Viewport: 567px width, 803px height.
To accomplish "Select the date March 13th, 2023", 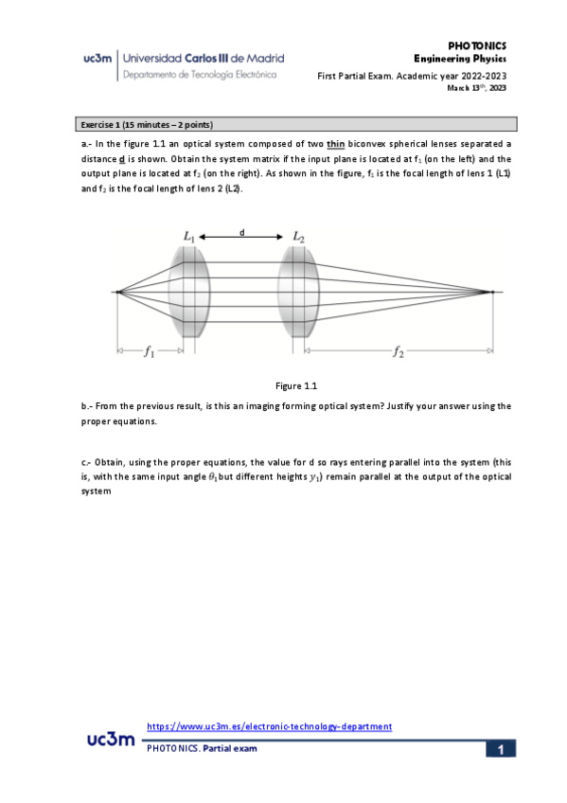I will coord(477,88).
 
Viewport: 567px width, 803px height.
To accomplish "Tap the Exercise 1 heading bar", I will coord(296,124).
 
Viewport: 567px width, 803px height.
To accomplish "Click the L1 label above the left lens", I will coord(189,237).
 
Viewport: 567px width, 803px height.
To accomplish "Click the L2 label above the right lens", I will coord(298,237).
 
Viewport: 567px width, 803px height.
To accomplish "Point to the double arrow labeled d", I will coord(243,236).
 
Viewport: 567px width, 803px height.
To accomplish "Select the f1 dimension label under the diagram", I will coord(150,352).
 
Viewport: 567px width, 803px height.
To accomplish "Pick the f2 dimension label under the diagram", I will coord(399,352).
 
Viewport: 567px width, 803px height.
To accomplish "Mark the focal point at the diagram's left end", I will coord(116,292).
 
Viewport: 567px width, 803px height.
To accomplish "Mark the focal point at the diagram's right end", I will coord(491,292).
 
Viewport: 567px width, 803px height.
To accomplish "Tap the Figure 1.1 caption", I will coord(296,385).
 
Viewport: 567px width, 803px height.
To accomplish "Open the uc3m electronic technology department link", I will coord(270,726).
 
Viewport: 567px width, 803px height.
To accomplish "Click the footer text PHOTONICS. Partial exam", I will coord(202,748).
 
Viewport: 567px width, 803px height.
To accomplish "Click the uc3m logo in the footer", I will coord(110,739).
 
